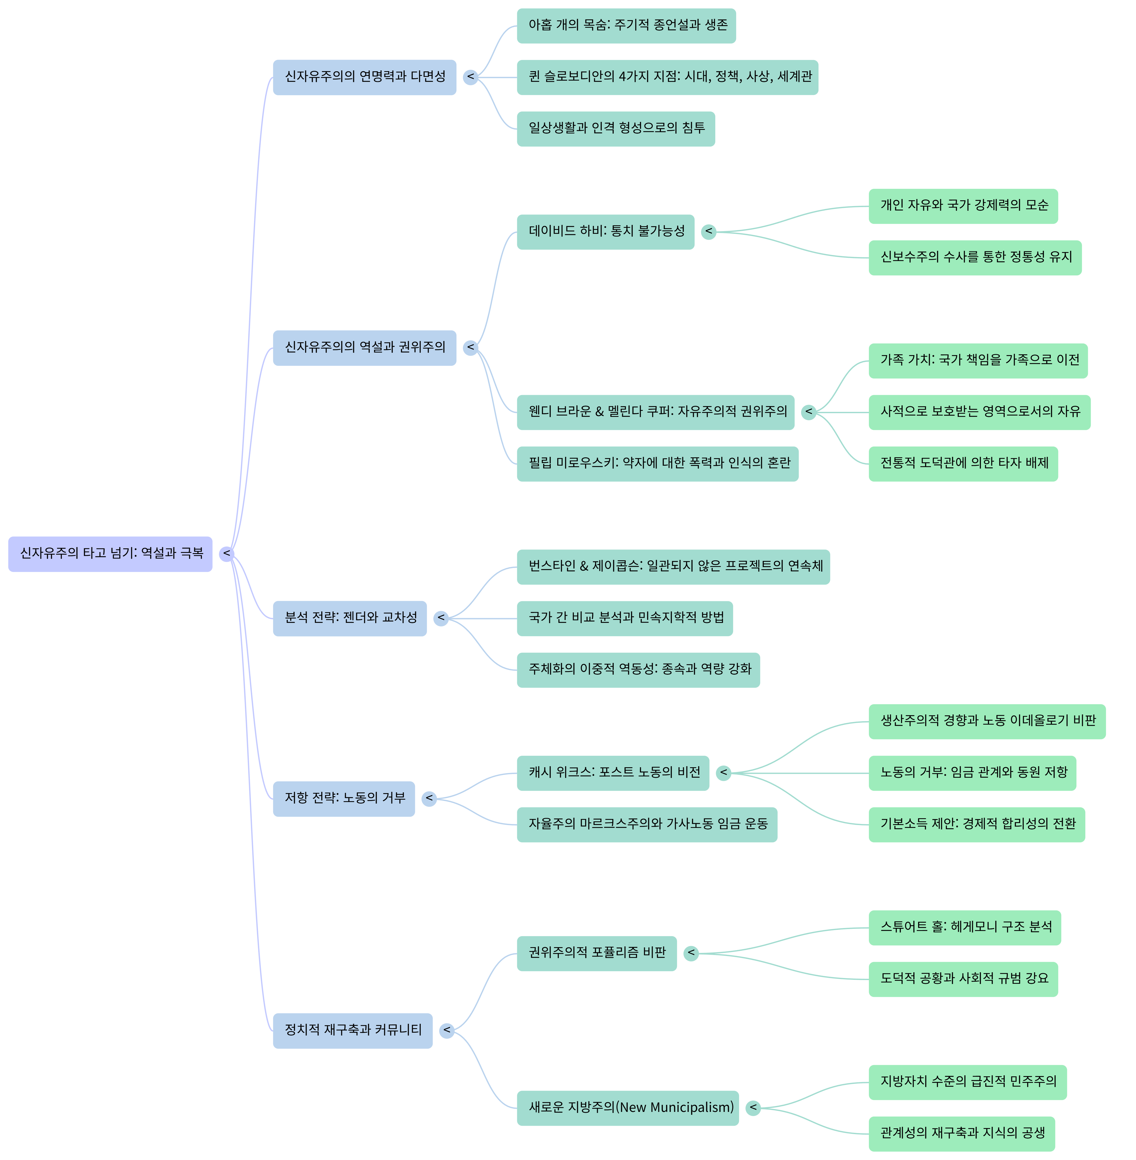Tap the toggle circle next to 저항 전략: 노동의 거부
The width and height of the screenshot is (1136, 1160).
pyautogui.click(x=429, y=799)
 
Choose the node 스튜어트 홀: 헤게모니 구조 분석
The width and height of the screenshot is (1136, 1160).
pyautogui.click(x=965, y=928)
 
